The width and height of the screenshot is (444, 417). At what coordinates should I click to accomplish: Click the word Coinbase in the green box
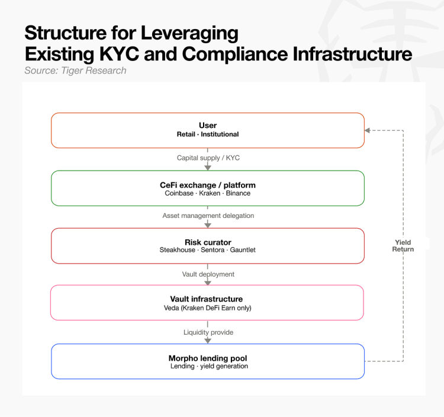pos(179,193)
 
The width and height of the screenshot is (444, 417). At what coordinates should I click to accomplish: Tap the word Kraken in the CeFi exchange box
pos(210,193)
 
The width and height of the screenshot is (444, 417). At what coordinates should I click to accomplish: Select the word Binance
pos(238,193)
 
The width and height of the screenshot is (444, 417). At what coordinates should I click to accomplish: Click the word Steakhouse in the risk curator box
pos(177,250)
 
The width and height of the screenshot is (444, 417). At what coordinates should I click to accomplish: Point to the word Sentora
pos(213,250)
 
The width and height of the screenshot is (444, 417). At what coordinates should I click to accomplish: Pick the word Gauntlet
pos(243,250)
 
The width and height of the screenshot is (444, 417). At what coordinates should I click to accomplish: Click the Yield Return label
pos(403,246)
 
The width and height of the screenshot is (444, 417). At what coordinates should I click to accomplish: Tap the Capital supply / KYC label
pos(208,158)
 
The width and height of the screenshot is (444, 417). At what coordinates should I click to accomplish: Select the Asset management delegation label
pos(208,216)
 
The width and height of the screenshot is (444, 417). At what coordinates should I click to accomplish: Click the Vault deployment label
pos(208,274)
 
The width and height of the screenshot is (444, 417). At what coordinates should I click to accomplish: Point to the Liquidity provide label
pos(208,332)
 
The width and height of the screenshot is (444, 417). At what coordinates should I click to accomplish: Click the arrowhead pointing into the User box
pos(367,130)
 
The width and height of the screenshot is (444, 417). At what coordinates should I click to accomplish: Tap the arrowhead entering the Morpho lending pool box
pos(208,341)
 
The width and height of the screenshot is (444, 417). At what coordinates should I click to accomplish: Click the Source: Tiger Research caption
pos(75,70)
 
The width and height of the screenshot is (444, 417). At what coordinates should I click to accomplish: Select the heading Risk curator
pos(208,242)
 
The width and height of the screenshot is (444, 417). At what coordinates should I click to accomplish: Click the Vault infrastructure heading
pos(207,299)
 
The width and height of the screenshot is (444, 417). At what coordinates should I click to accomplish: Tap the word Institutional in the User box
pos(220,134)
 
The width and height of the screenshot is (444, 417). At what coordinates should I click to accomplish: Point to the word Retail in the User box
pos(186,134)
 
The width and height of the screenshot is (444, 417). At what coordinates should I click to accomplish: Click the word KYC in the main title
pos(119,54)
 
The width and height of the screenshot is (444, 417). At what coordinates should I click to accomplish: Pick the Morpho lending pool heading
pos(208,358)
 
